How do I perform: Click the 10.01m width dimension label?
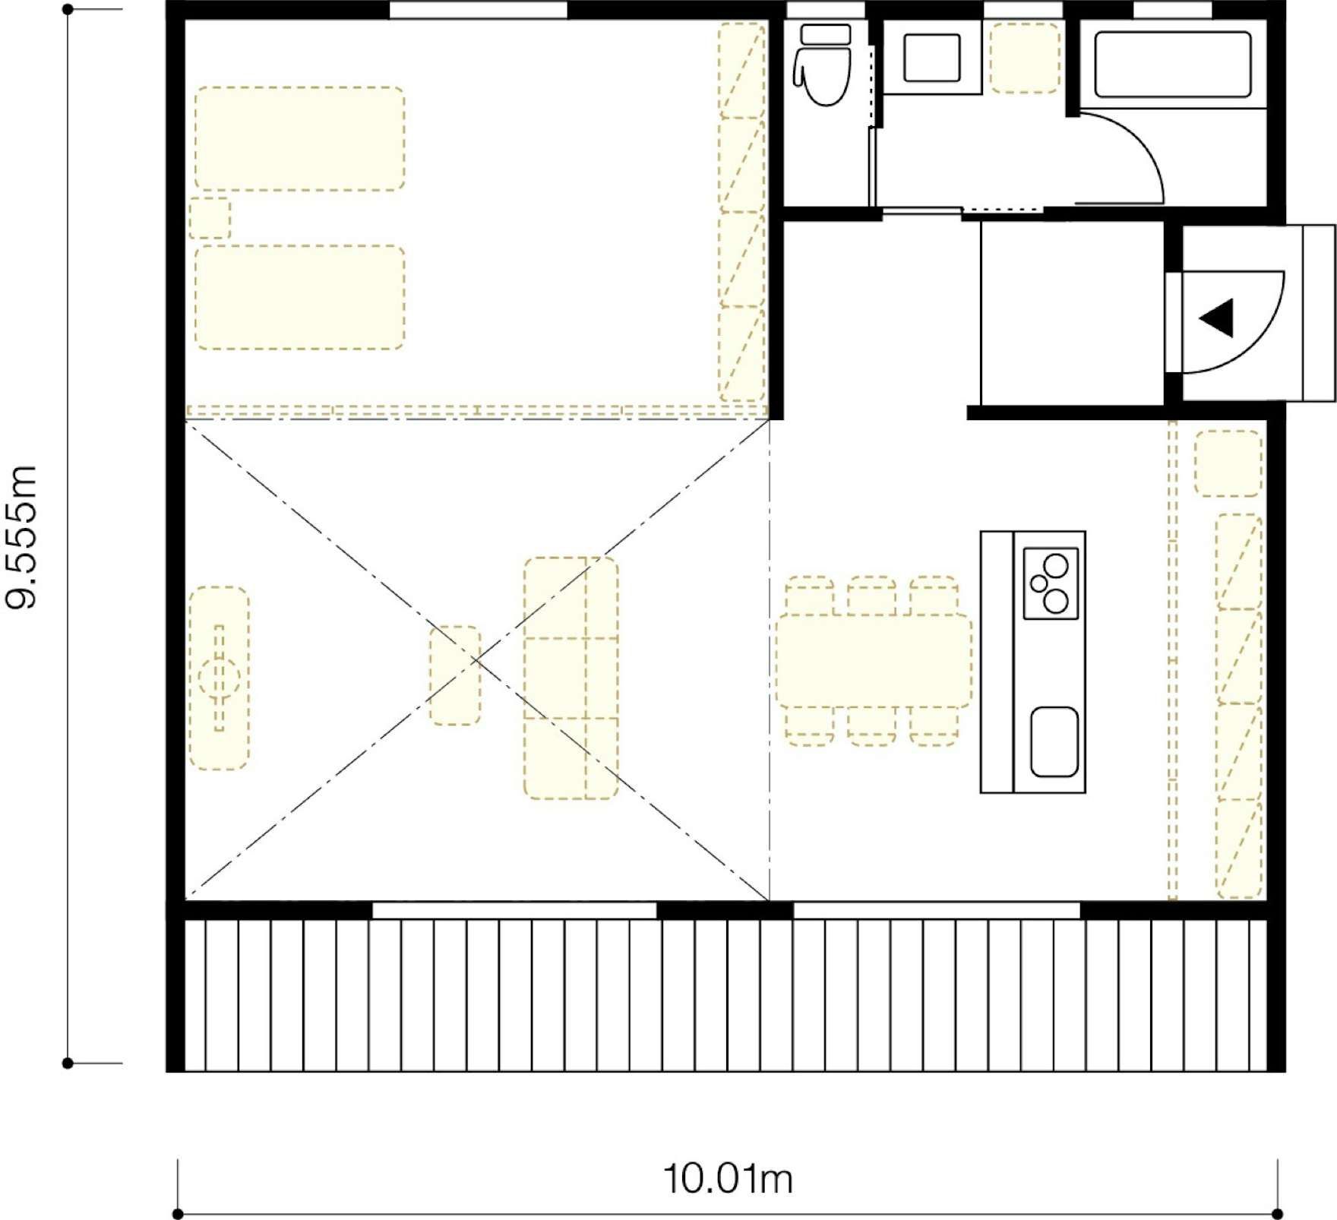728,1179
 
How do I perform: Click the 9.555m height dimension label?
22,537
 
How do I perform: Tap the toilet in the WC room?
823,65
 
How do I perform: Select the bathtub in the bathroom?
1173,64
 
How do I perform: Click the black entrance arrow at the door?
1217,318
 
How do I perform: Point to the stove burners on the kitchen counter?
1051,583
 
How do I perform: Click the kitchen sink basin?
1054,742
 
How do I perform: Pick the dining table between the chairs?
874,661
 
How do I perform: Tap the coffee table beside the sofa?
455,675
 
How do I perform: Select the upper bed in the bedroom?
300,138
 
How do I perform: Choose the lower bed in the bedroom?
300,298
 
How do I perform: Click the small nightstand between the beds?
210,218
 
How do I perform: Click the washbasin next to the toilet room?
932,58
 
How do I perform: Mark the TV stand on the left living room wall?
219,678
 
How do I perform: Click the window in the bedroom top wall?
479,10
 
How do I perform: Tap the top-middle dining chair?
872,596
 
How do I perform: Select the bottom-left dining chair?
810,725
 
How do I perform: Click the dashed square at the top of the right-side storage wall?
1228,463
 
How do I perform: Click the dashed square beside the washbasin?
1026,58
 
